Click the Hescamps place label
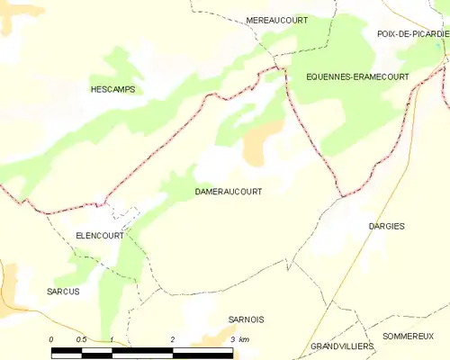112,89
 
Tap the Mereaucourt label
277,20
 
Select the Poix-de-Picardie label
412,32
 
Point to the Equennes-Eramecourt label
357,76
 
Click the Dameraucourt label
229,192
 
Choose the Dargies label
387,226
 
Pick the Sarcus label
63,292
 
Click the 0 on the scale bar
52,338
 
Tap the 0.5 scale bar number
81,338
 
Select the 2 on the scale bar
172,338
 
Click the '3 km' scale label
239,338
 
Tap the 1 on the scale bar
112,338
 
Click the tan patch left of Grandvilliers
216,337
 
